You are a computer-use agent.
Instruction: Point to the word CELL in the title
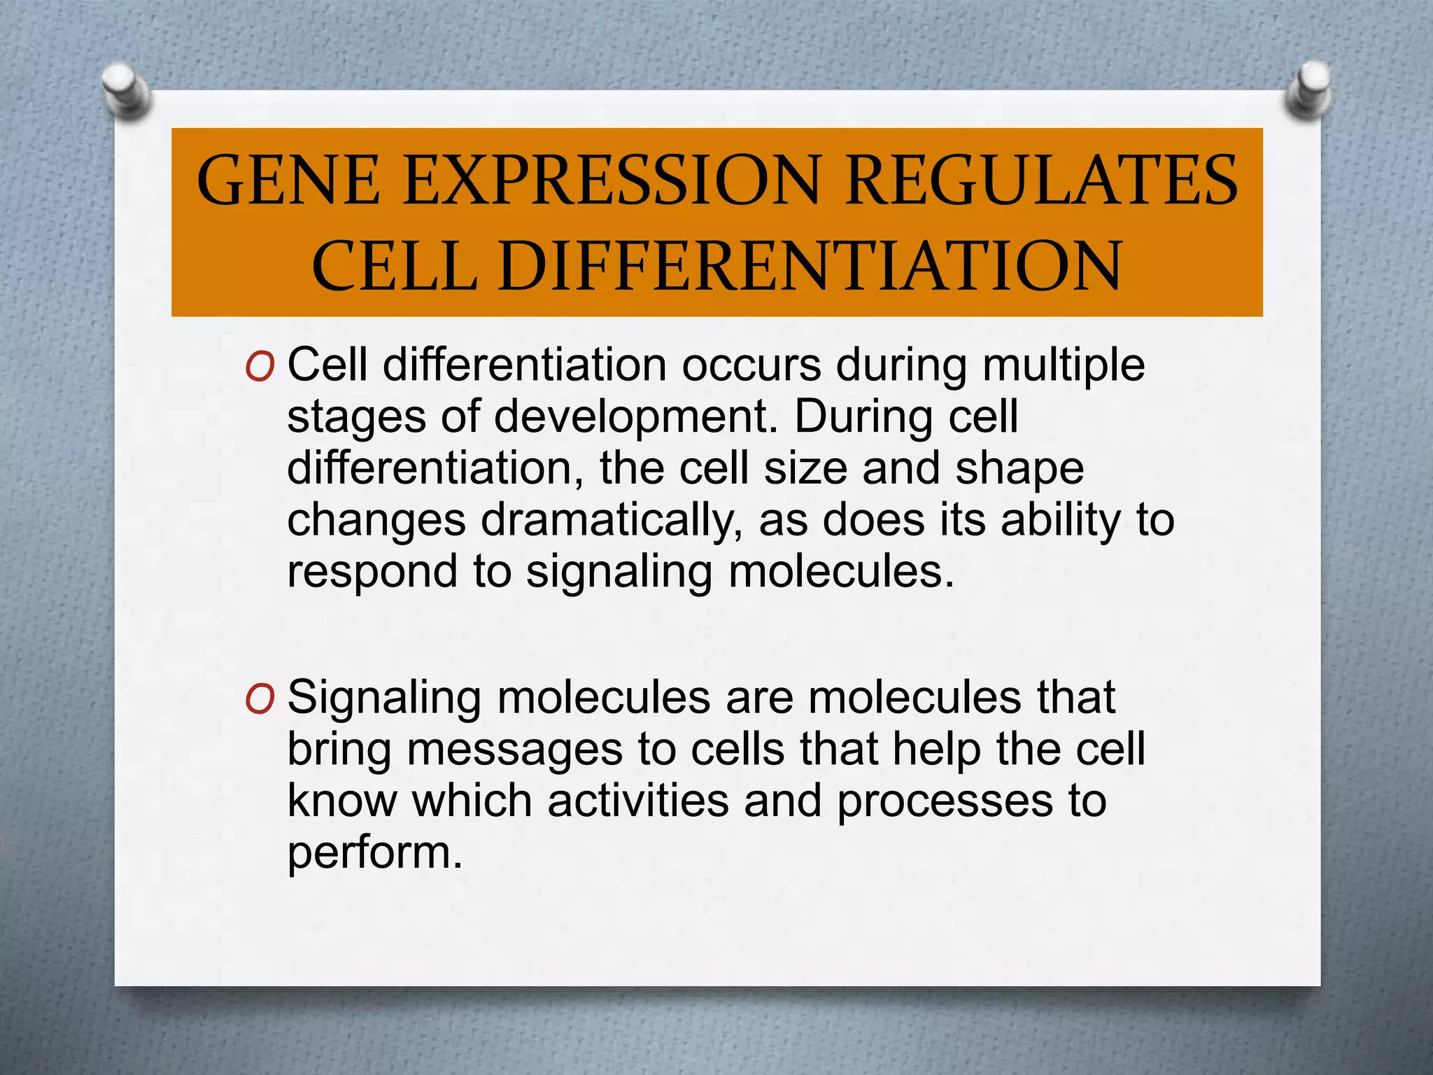point(395,266)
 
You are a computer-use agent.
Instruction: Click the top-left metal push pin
point(127,90)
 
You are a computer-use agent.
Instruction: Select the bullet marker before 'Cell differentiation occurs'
point(260,367)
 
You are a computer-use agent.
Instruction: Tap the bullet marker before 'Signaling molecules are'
point(260,699)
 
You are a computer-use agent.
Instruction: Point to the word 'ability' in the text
point(1061,521)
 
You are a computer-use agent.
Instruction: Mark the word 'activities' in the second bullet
point(637,801)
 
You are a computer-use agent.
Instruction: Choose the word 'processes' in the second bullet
point(945,801)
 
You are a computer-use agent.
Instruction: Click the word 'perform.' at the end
point(375,853)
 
